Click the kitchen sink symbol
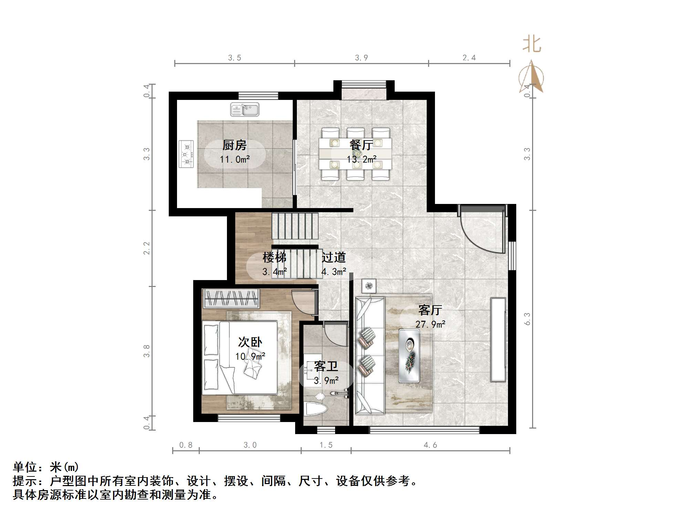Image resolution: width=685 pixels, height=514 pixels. (x=245, y=110)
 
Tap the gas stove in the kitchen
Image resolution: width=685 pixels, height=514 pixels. (x=186, y=154)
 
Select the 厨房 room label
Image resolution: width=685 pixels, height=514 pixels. (x=235, y=145)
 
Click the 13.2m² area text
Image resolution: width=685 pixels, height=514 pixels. (x=361, y=160)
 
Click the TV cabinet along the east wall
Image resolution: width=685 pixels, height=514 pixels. (x=498, y=339)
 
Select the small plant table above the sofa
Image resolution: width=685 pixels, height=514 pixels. (x=369, y=286)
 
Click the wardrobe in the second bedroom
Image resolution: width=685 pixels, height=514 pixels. (x=231, y=298)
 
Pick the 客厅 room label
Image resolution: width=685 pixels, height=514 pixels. (x=430, y=310)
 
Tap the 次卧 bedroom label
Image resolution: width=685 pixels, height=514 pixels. (x=250, y=342)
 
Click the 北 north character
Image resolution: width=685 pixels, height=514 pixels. (x=532, y=45)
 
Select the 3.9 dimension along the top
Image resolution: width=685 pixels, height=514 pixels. (x=361, y=58)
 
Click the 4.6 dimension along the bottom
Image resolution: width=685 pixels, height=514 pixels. (x=430, y=445)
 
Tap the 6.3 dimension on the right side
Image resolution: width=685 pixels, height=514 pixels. (x=527, y=319)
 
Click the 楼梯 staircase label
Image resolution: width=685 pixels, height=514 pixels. (x=274, y=257)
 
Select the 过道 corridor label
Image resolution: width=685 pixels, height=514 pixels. (x=333, y=257)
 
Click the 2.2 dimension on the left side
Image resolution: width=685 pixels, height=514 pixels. (x=147, y=248)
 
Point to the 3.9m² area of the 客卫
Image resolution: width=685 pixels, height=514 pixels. (x=326, y=381)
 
